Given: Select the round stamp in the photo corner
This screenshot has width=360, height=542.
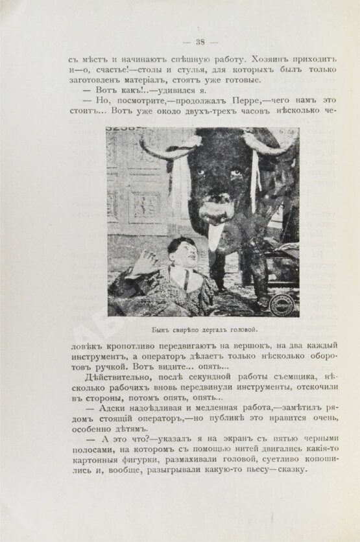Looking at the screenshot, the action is [283, 303].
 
